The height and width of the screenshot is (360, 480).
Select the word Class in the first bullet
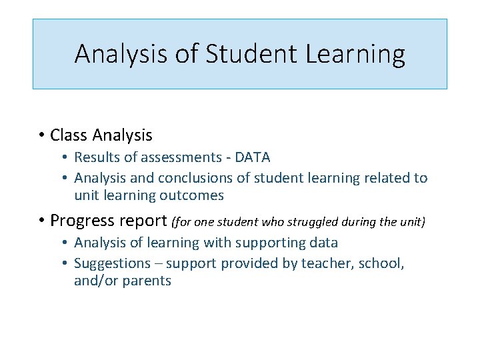point(69,135)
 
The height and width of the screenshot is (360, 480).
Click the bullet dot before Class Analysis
point(41,135)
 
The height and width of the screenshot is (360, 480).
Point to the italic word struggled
point(325,221)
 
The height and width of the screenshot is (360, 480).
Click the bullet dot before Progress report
point(41,221)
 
